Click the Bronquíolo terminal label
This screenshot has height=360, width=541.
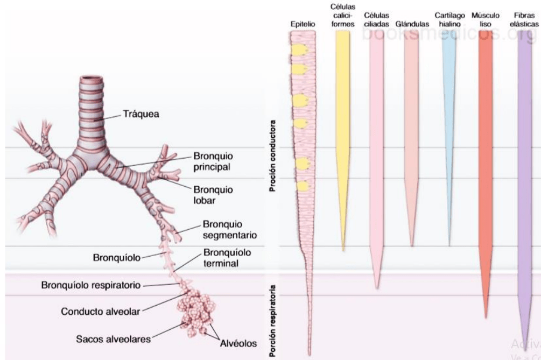pyautogui.click(x=228, y=258)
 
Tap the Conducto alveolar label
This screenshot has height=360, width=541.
pyautogui.click(x=107, y=310)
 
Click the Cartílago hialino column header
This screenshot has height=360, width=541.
pyautogui.click(x=448, y=20)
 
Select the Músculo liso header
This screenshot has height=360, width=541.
pyautogui.click(x=485, y=20)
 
